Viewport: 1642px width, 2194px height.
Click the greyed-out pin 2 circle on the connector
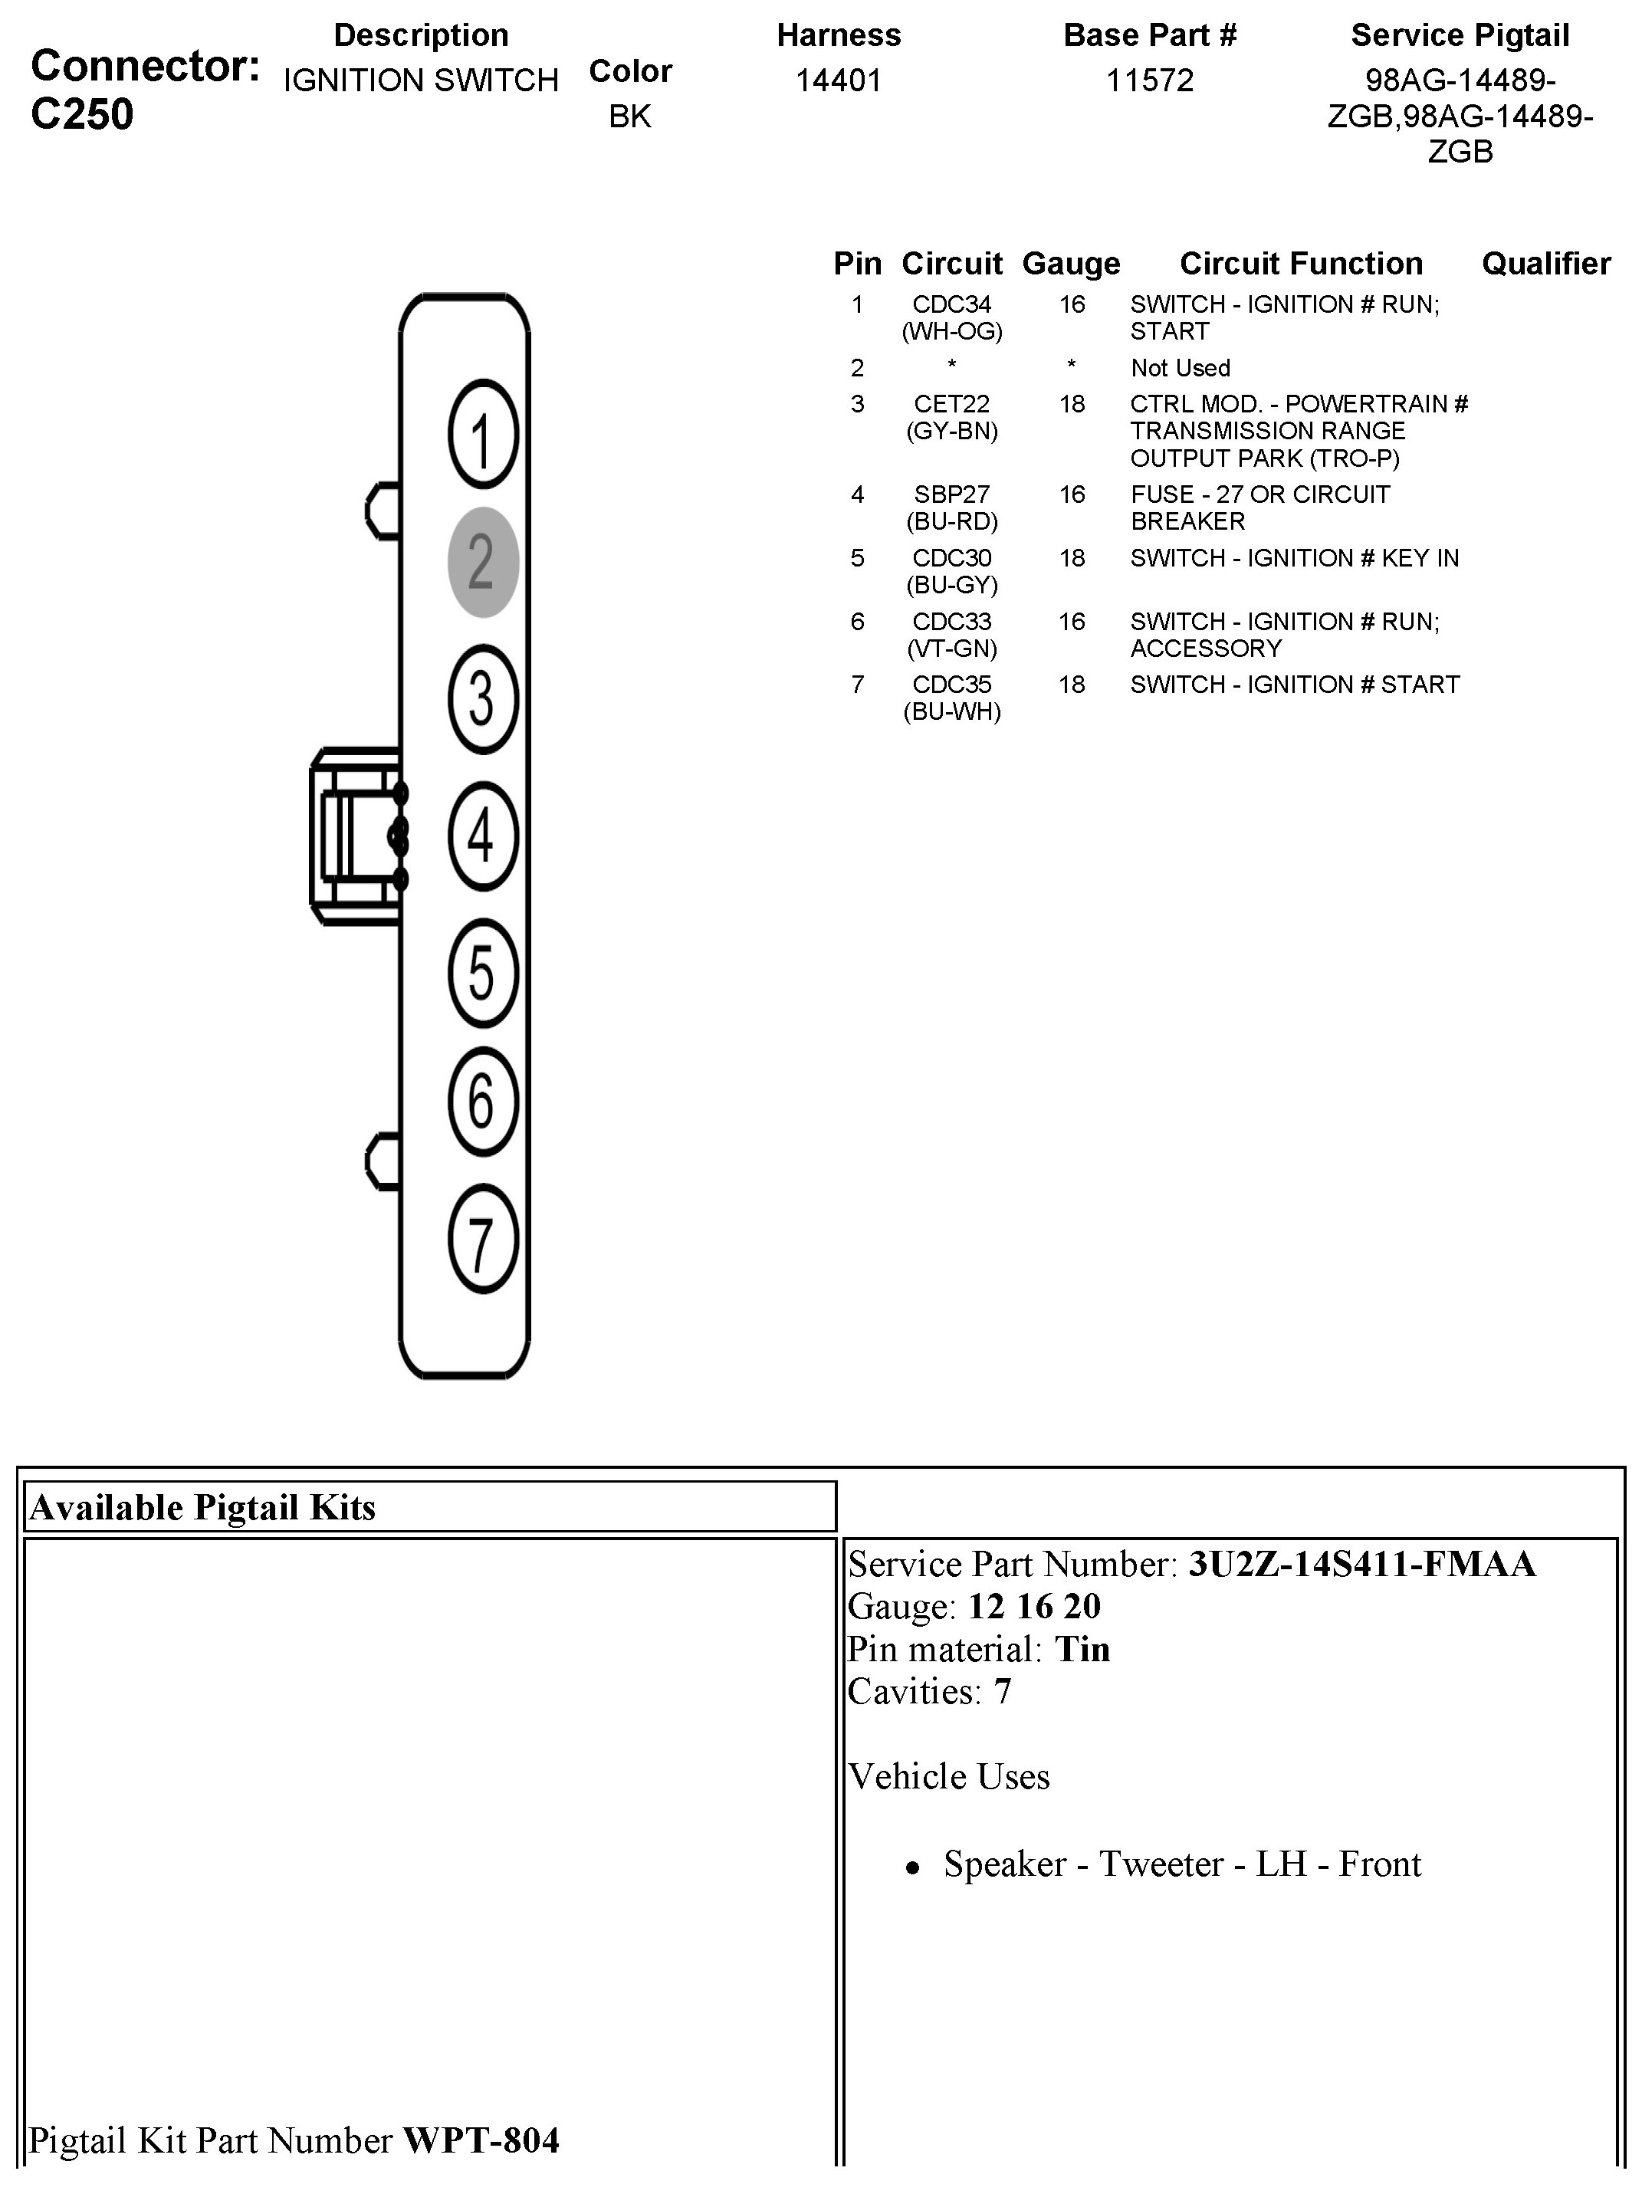[x=483, y=563]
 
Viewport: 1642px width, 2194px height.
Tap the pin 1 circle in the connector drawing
[x=483, y=435]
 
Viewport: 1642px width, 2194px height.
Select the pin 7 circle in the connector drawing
[x=483, y=1240]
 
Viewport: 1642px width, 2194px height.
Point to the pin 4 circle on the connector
[x=483, y=835]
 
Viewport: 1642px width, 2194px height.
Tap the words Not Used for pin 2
[x=1180, y=368]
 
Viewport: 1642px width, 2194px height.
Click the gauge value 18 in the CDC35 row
[x=1071, y=685]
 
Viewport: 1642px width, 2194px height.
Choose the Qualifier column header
[x=1545, y=264]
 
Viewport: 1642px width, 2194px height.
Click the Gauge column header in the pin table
[x=1071, y=264]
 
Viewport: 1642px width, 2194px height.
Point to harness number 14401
[x=838, y=80]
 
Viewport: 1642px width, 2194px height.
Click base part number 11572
[x=1149, y=80]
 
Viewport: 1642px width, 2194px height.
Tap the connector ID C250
[x=82, y=115]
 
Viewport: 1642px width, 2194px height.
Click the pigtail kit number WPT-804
[x=481, y=2140]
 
